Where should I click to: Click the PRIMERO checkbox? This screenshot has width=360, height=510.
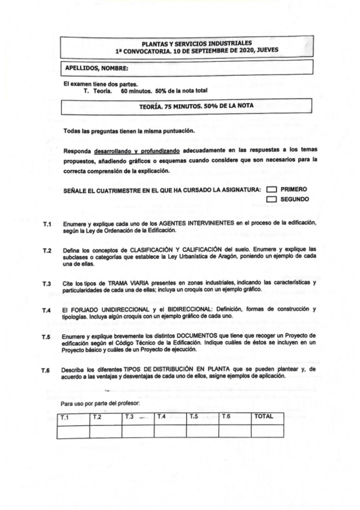[x=271, y=189]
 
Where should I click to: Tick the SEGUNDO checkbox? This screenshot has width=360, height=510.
[x=271, y=198]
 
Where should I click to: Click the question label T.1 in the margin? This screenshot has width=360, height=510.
[x=47, y=223]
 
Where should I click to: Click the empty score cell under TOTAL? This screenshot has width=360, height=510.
[x=267, y=431]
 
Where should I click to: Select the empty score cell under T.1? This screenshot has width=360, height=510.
[x=73, y=431]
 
